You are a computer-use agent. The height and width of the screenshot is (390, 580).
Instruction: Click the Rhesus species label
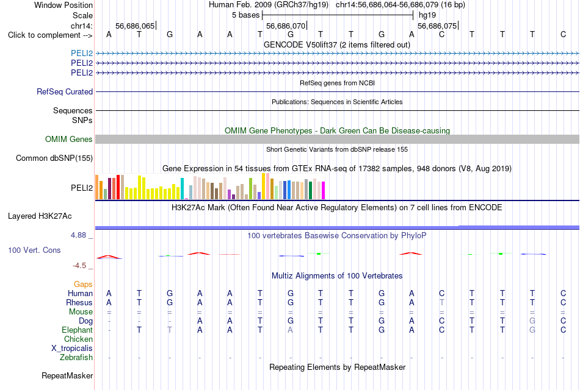tap(79, 302)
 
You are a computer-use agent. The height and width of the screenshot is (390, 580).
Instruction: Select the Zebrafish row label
tap(76, 358)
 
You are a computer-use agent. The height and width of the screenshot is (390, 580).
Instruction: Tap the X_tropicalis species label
tap(72, 349)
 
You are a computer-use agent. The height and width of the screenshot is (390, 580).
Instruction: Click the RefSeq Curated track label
tap(64, 91)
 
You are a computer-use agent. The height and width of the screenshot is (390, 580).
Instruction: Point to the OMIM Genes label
tap(69, 139)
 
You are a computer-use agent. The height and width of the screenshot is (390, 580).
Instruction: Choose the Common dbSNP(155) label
tap(54, 158)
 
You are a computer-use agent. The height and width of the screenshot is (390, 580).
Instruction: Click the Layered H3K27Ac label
tap(40, 216)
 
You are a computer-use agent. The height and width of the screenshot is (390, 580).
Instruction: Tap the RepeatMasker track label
tap(67, 375)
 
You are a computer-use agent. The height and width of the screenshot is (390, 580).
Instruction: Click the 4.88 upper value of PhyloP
tap(78, 235)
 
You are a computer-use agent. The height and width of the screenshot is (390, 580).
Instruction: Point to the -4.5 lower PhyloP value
tap(79, 266)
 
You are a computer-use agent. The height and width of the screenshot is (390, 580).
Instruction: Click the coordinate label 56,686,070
tap(286, 26)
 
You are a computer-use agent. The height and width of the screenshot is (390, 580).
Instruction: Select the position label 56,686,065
tap(135, 26)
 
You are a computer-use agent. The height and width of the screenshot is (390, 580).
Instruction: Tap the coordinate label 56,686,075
tap(437, 26)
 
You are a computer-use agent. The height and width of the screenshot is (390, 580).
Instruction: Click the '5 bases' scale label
tap(245, 15)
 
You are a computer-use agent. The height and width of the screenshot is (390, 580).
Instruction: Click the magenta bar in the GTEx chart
tap(324, 191)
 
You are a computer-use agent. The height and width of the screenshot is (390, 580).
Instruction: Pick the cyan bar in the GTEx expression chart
tap(182, 189)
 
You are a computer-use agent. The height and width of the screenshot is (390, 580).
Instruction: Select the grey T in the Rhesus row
tap(441, 302)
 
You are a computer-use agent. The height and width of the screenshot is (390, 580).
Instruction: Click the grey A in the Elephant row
tap(291, 330)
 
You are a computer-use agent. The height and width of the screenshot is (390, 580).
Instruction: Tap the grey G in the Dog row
tap(532, 321)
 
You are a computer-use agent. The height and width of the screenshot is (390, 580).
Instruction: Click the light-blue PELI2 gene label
tap(82, 53)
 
